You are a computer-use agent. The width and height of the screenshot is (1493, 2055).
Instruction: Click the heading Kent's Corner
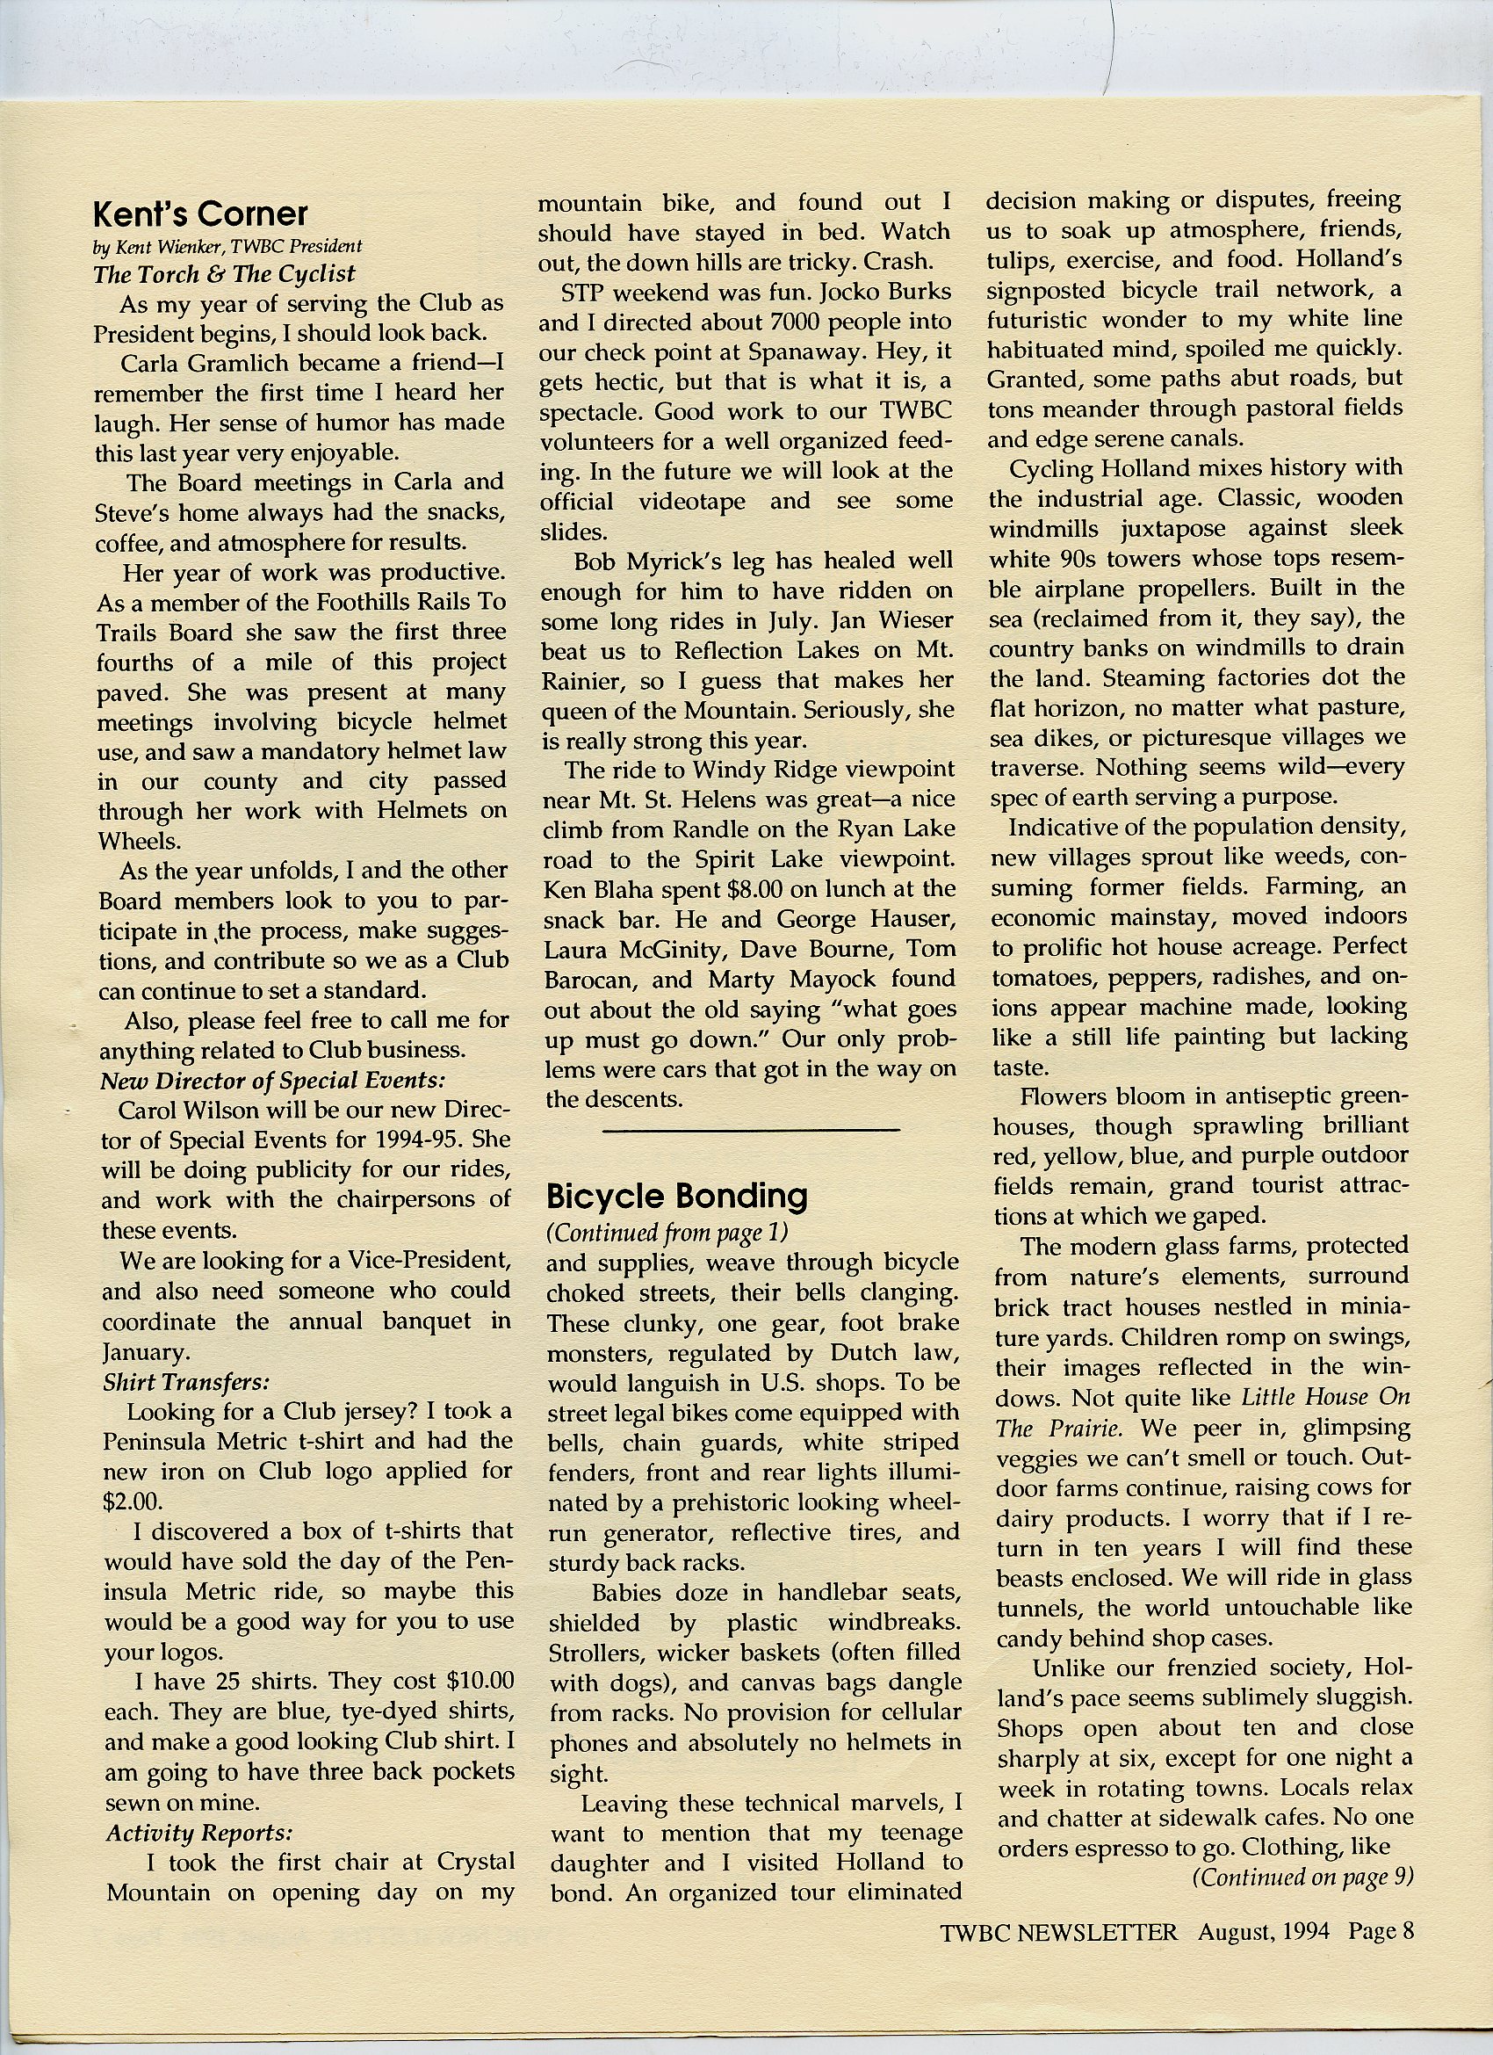click(x=200, y=213)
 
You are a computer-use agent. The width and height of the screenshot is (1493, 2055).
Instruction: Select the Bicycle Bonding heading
click(x=676, y=1196)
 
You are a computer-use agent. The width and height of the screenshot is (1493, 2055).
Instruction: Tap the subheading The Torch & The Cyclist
click(x=224, y=273)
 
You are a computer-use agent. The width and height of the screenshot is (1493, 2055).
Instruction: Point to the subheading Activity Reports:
click(x=199, y=1832)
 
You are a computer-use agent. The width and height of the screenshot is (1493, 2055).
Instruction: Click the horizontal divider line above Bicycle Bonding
click(x=750, y=1130)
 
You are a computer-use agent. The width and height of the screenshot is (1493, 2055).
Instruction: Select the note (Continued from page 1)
click(x=667, y=1234)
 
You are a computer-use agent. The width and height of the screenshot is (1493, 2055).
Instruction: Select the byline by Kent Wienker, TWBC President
click(x=227, y=247)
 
